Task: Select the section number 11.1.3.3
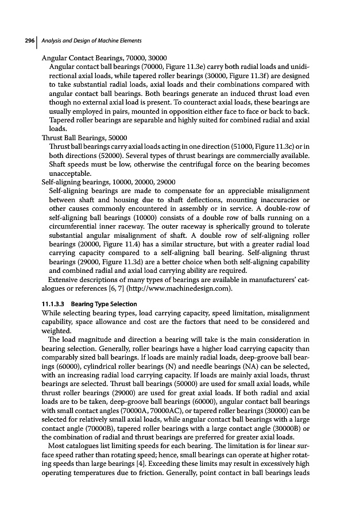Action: [55, 303]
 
